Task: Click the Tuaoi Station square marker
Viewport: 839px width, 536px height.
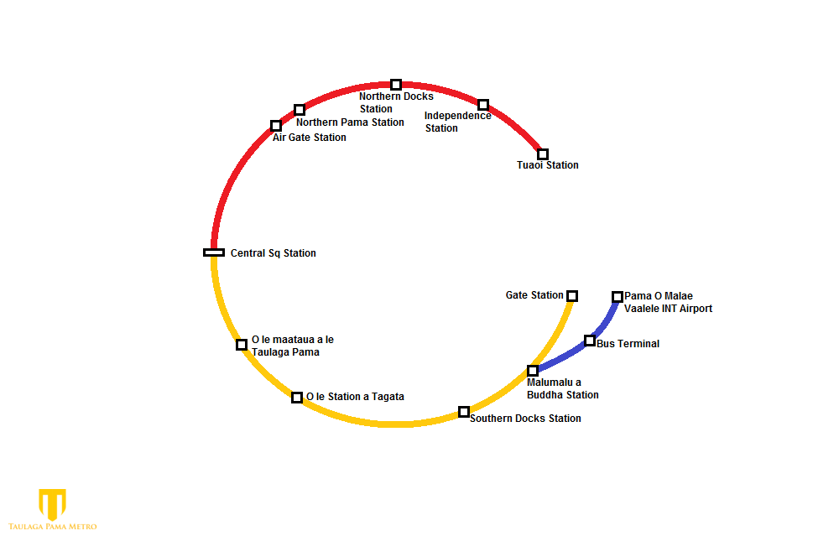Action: (x=543, y=154)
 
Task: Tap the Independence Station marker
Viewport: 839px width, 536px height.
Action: (x=483, y=105)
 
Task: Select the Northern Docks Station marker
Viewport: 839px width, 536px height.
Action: (x=396, y=85)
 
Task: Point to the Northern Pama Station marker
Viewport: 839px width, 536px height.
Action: (x=300, y=110)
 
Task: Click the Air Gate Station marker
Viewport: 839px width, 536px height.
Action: (x=276, y=126)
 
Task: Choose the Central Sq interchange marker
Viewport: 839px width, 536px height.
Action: (x=214, y=252)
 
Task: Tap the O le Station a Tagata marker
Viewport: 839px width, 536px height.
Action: (x=297, y=397)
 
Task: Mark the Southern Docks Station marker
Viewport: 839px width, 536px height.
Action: (x=464, y=412)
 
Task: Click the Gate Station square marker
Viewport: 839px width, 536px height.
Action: (x=572, y=295)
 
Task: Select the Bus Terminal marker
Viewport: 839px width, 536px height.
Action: (x=590, y=341)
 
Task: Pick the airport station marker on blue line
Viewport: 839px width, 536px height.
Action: (x=618, y=296)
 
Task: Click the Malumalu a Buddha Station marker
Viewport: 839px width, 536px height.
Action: (x=533, y=371)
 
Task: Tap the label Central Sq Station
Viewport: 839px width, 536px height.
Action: (x=274, y=253)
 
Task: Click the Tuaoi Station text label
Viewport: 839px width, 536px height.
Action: (x=548, y=165)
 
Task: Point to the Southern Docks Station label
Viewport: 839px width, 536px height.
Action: (x=525, y=419)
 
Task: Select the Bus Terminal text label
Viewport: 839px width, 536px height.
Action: (x=628, y=344)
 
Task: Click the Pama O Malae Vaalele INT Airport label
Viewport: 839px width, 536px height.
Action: (x=668, y=302)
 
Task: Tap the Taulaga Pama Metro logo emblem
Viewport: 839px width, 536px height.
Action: (x=52, y=504)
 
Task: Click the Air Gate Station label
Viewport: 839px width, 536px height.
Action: (x=310, y=138)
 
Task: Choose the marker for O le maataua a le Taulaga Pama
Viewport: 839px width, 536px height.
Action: (x=242, y=345)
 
